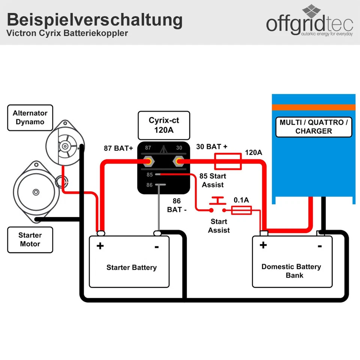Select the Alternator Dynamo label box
click(x=30, y=118)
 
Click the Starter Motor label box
click(x=30, y=240)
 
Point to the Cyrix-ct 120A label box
click(x=163, y=125)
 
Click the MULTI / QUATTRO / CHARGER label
click(x=313, y=127)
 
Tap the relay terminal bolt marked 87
click(x=148, y=161)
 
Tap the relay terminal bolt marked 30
click(x=177, y=161)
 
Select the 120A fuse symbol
click(x=228, y=161)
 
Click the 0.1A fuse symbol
click(x=241, y=211)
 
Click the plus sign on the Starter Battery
click(x=100, y=246)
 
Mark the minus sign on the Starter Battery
click(x=157, y=246)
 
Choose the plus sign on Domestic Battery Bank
click(x=263, y=245)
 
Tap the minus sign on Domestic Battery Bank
click(x=320, y=246)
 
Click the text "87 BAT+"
click(x=118, y=148)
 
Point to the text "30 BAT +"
click(x=212, y=147)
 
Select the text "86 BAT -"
click(x=177, y=205)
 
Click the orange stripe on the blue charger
click(x=313, y=107)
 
